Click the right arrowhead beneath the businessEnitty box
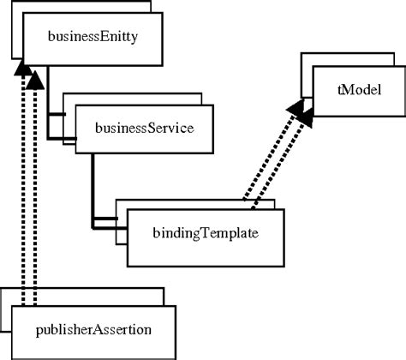coord(34,79)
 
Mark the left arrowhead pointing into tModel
coord(297,107)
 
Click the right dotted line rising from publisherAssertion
coord(34,197)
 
